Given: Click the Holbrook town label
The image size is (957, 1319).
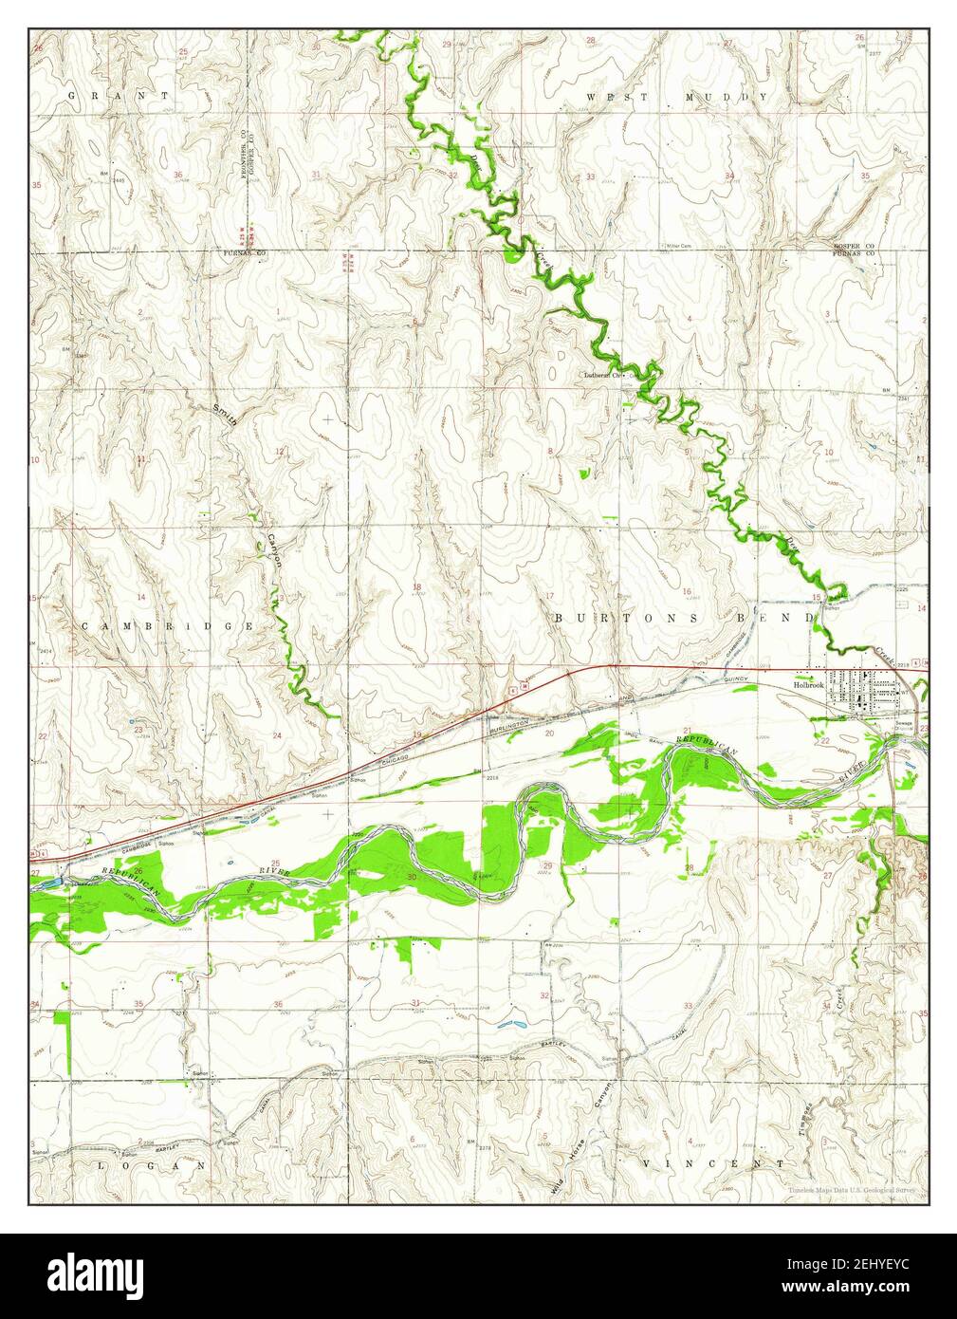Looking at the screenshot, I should pos(808,682).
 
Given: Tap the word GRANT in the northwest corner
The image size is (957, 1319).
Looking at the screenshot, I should pos(118,96).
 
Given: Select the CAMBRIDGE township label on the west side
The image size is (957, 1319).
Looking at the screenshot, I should pos(167,626).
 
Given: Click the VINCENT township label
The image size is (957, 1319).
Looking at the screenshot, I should pos(712,1162).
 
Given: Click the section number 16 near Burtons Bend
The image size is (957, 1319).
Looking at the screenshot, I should pos(686,591).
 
